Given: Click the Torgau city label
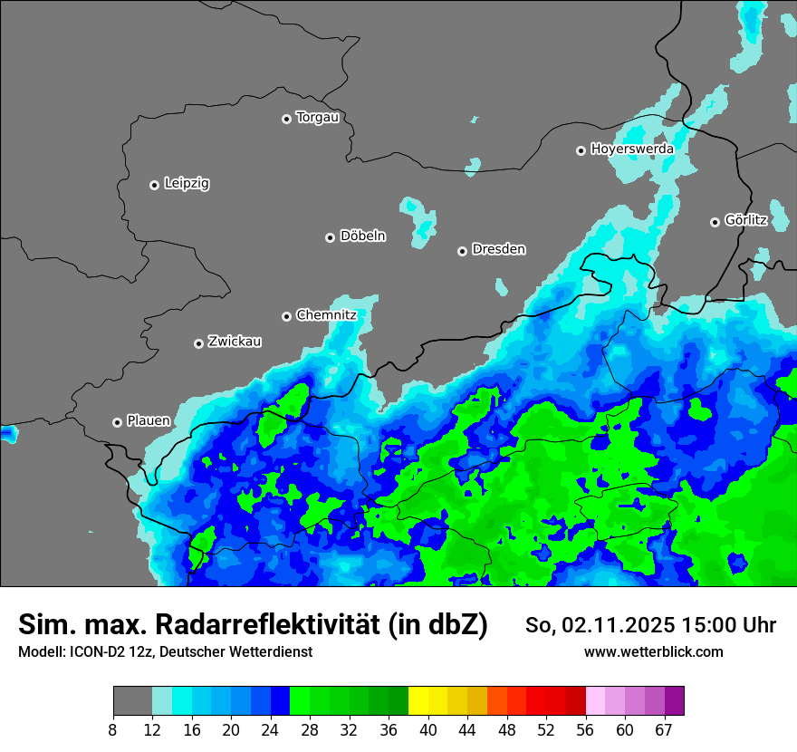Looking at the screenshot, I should pyautogui.click(x=317, y=117).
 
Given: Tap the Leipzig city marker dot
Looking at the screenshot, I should pyautogui.click(x=154, y=185).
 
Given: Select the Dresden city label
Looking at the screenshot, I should pyautogui.click(x=498, y=249).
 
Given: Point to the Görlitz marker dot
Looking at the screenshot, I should pyautogui.click(x=715, y=222).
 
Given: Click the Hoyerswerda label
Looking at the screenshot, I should pyautogui.click(x=631, y=149).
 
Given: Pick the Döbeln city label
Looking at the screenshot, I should pyautogui.click(x=362, y=236).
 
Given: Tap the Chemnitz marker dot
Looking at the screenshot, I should pyautogui.click(x=286, y=316).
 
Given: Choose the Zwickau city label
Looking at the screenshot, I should pyautogui.click(x=235, y=342).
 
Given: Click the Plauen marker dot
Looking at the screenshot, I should pyautogui.click(x=117, y=422).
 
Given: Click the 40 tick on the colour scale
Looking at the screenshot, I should pyautogui.click(x=427, y=729).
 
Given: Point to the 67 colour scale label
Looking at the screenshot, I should pyautogui.click(x=663, y=729).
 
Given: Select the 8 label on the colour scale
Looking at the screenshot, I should pyautogui.click(x=113, y=729).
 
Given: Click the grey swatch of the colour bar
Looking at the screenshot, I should pyautogui.click(x=132, y=701).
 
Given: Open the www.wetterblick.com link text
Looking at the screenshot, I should pyautogui.click(x=653, y=651).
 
